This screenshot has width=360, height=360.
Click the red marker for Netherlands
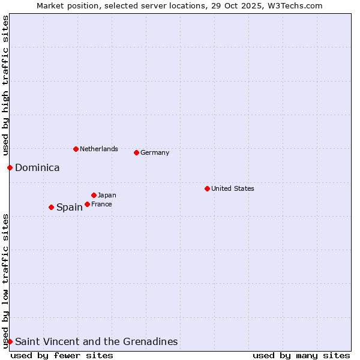[x=76, y=149]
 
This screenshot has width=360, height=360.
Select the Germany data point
[x=136, y=152]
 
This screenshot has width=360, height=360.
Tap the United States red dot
[x=207, y=188]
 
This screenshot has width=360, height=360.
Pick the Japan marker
[x=94, y=195]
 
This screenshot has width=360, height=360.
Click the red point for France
[x=87, y=204]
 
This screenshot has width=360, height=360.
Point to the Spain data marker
[x=51, y=207]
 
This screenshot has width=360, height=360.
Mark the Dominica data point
[x=10, y=167]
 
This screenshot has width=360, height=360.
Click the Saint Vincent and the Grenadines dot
[x=10, y=341]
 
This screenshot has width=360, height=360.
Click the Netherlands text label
[x=99, y=149]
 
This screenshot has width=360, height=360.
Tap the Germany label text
[x=155, y=152]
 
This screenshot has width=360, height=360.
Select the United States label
[x=233, y=188]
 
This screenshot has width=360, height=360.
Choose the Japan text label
[x=107, y=195]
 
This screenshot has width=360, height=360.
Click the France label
[x=101, y=204]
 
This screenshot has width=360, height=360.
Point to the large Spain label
[x=70, y=207]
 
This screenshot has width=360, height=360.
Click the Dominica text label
[x=37, y=167]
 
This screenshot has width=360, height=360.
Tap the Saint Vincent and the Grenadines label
[x=96, y=341]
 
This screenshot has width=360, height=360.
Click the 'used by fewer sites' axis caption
[x=62, y=355]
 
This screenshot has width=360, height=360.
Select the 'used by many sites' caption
[x=301, y=355]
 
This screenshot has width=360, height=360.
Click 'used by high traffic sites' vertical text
[x=5, y=84]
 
